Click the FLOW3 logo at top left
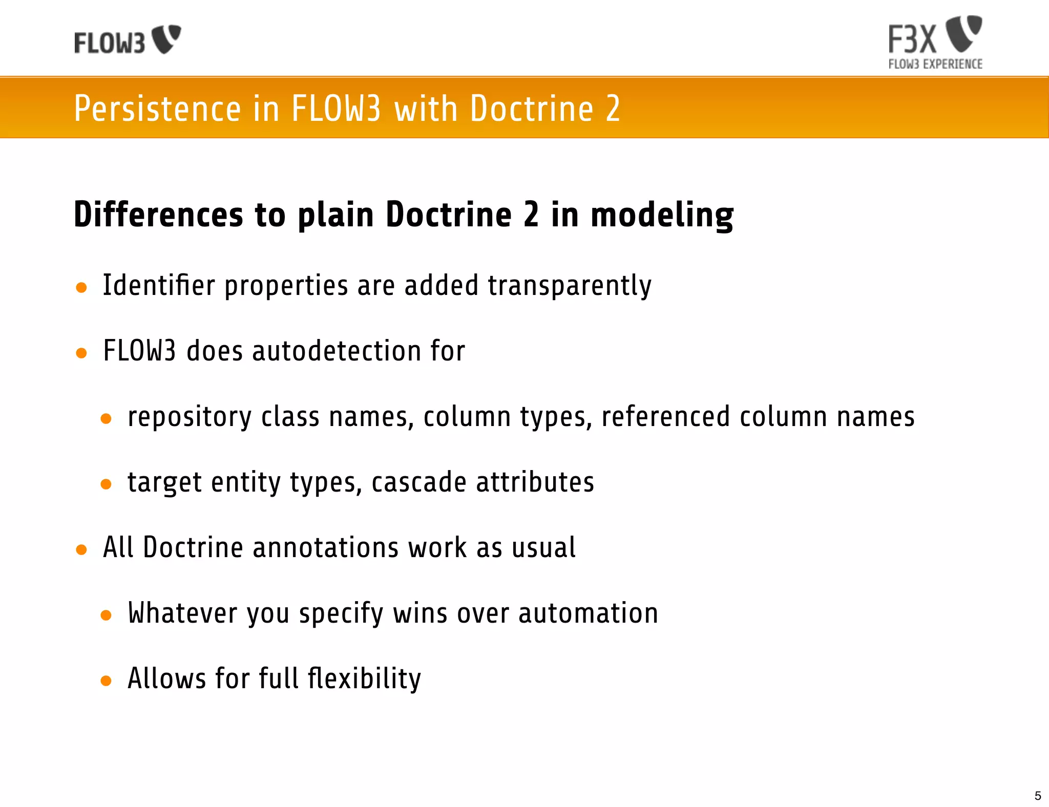point(127,40)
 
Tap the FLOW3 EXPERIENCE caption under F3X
point(935,64)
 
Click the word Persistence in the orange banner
point(157,109)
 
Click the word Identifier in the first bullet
point(159,285)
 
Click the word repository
point(190,417)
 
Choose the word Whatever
point(182,613)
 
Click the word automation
point(588,613)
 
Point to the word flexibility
point(364,678)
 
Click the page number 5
point(1038,796)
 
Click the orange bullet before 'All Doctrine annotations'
point(81,550)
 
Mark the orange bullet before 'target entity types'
point(106,484)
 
